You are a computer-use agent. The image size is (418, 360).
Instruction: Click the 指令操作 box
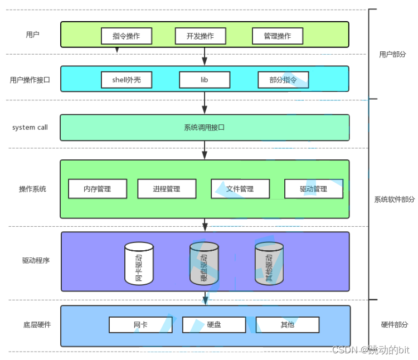pos(127,36)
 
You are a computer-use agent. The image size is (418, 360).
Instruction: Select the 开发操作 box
pos(201,36)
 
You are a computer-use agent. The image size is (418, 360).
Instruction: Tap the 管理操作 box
pos(278,36)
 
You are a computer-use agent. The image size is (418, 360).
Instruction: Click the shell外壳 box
pos(127,80)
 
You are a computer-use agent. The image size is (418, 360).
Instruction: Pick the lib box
pos(205,80)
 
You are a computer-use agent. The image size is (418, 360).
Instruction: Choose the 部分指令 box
pos(283,80)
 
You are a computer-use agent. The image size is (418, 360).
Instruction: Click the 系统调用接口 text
pos(205,128)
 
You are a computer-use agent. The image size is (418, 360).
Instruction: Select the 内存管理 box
pos(98,189)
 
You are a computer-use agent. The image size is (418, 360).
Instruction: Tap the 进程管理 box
pos(167,189)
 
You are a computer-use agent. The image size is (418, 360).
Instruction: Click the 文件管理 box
pos(240,189)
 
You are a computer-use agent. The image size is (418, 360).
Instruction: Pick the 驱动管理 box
pos(314,189)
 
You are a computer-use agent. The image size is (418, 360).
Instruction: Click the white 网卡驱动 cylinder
pos(139,264)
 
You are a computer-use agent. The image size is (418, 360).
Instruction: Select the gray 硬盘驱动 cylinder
pos(204,264)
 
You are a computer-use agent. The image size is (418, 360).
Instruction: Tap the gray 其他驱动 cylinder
pos(269,264)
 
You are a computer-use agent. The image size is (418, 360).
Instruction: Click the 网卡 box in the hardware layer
pos(140,324)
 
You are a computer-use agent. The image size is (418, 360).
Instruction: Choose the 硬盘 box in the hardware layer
pos(214,324)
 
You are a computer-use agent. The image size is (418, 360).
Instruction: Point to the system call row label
pos(30,128)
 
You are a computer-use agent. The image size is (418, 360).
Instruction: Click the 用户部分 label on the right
pos(392,55)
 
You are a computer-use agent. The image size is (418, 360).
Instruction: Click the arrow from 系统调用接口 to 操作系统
pos(205,150)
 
